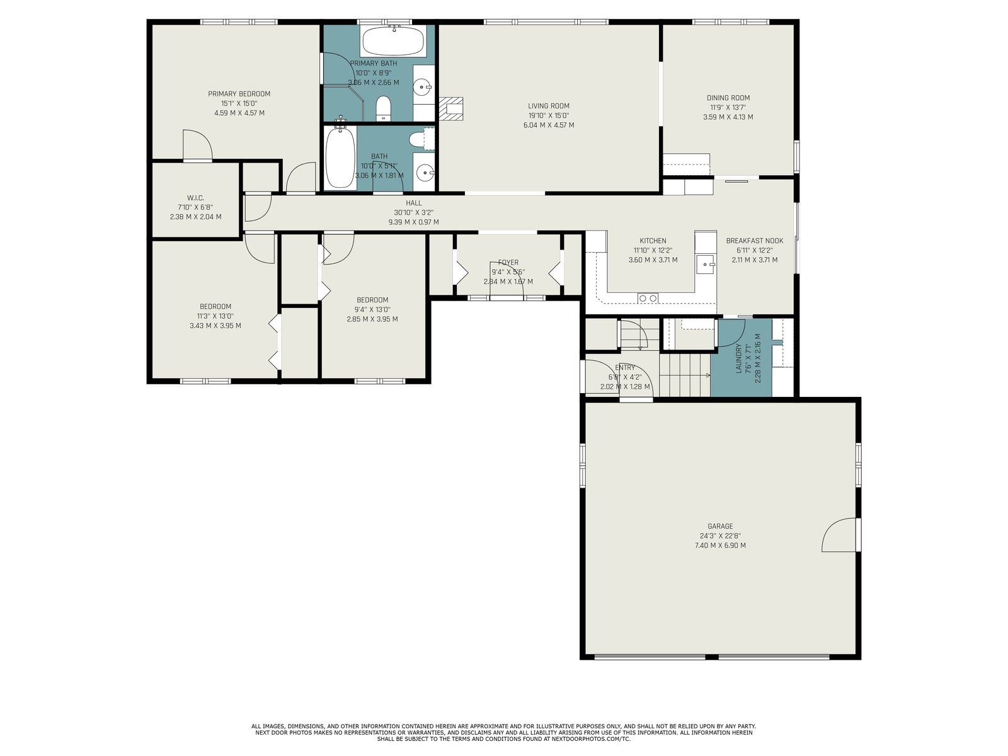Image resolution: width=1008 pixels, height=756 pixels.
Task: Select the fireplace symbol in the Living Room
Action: coord(451,109)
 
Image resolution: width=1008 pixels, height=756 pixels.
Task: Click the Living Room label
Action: coord(548,106)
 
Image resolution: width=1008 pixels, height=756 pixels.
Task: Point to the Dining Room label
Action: coord(728,98)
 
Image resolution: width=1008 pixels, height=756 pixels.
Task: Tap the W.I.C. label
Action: coord(196,198)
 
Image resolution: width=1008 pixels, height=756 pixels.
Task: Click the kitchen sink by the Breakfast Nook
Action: coord(706,265)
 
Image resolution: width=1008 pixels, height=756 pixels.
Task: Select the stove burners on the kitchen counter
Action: coord(648,299)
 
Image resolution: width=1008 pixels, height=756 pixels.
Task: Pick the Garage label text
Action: coord(720,526)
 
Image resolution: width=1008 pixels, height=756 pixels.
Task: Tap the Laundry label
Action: coord(739,358)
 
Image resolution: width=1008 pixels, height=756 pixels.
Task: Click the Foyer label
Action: coord(508,263)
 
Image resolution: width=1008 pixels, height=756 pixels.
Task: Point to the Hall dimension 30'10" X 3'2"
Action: coord(413,212)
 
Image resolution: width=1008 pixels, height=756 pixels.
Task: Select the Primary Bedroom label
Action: coord(239,94)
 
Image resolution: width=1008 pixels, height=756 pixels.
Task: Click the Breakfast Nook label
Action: coord(755,241)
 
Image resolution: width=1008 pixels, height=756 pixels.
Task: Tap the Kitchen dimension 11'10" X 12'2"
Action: coord(653,250)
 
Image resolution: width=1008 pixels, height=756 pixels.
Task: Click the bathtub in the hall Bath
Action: coord(340,157)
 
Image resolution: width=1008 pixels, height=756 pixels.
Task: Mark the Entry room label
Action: coord(624,367)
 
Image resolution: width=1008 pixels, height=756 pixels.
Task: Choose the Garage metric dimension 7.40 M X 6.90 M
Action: coord(720,546)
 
